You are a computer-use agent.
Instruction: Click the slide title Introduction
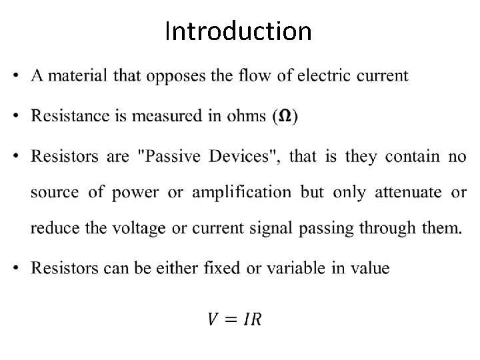click(238, 31)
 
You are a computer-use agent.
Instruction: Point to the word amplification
click(241, 193)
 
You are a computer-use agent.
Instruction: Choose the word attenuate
click(408, 193)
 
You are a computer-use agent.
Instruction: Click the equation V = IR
click(235, 320)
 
